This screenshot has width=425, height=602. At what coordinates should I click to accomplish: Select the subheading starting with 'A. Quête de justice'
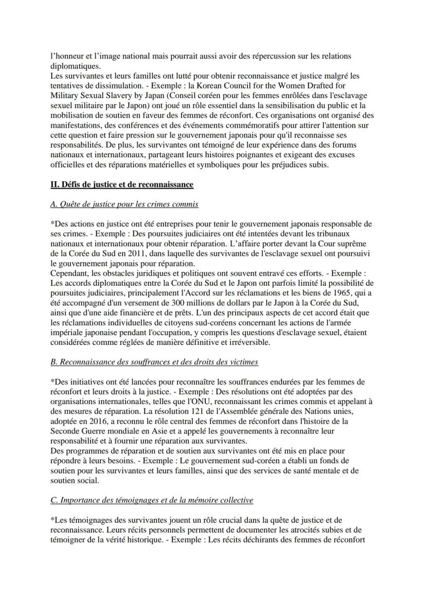pos(125,204)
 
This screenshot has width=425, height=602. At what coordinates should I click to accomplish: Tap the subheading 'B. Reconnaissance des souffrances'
pos(154,362)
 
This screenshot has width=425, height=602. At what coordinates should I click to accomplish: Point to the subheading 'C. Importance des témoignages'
pos(151,500)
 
